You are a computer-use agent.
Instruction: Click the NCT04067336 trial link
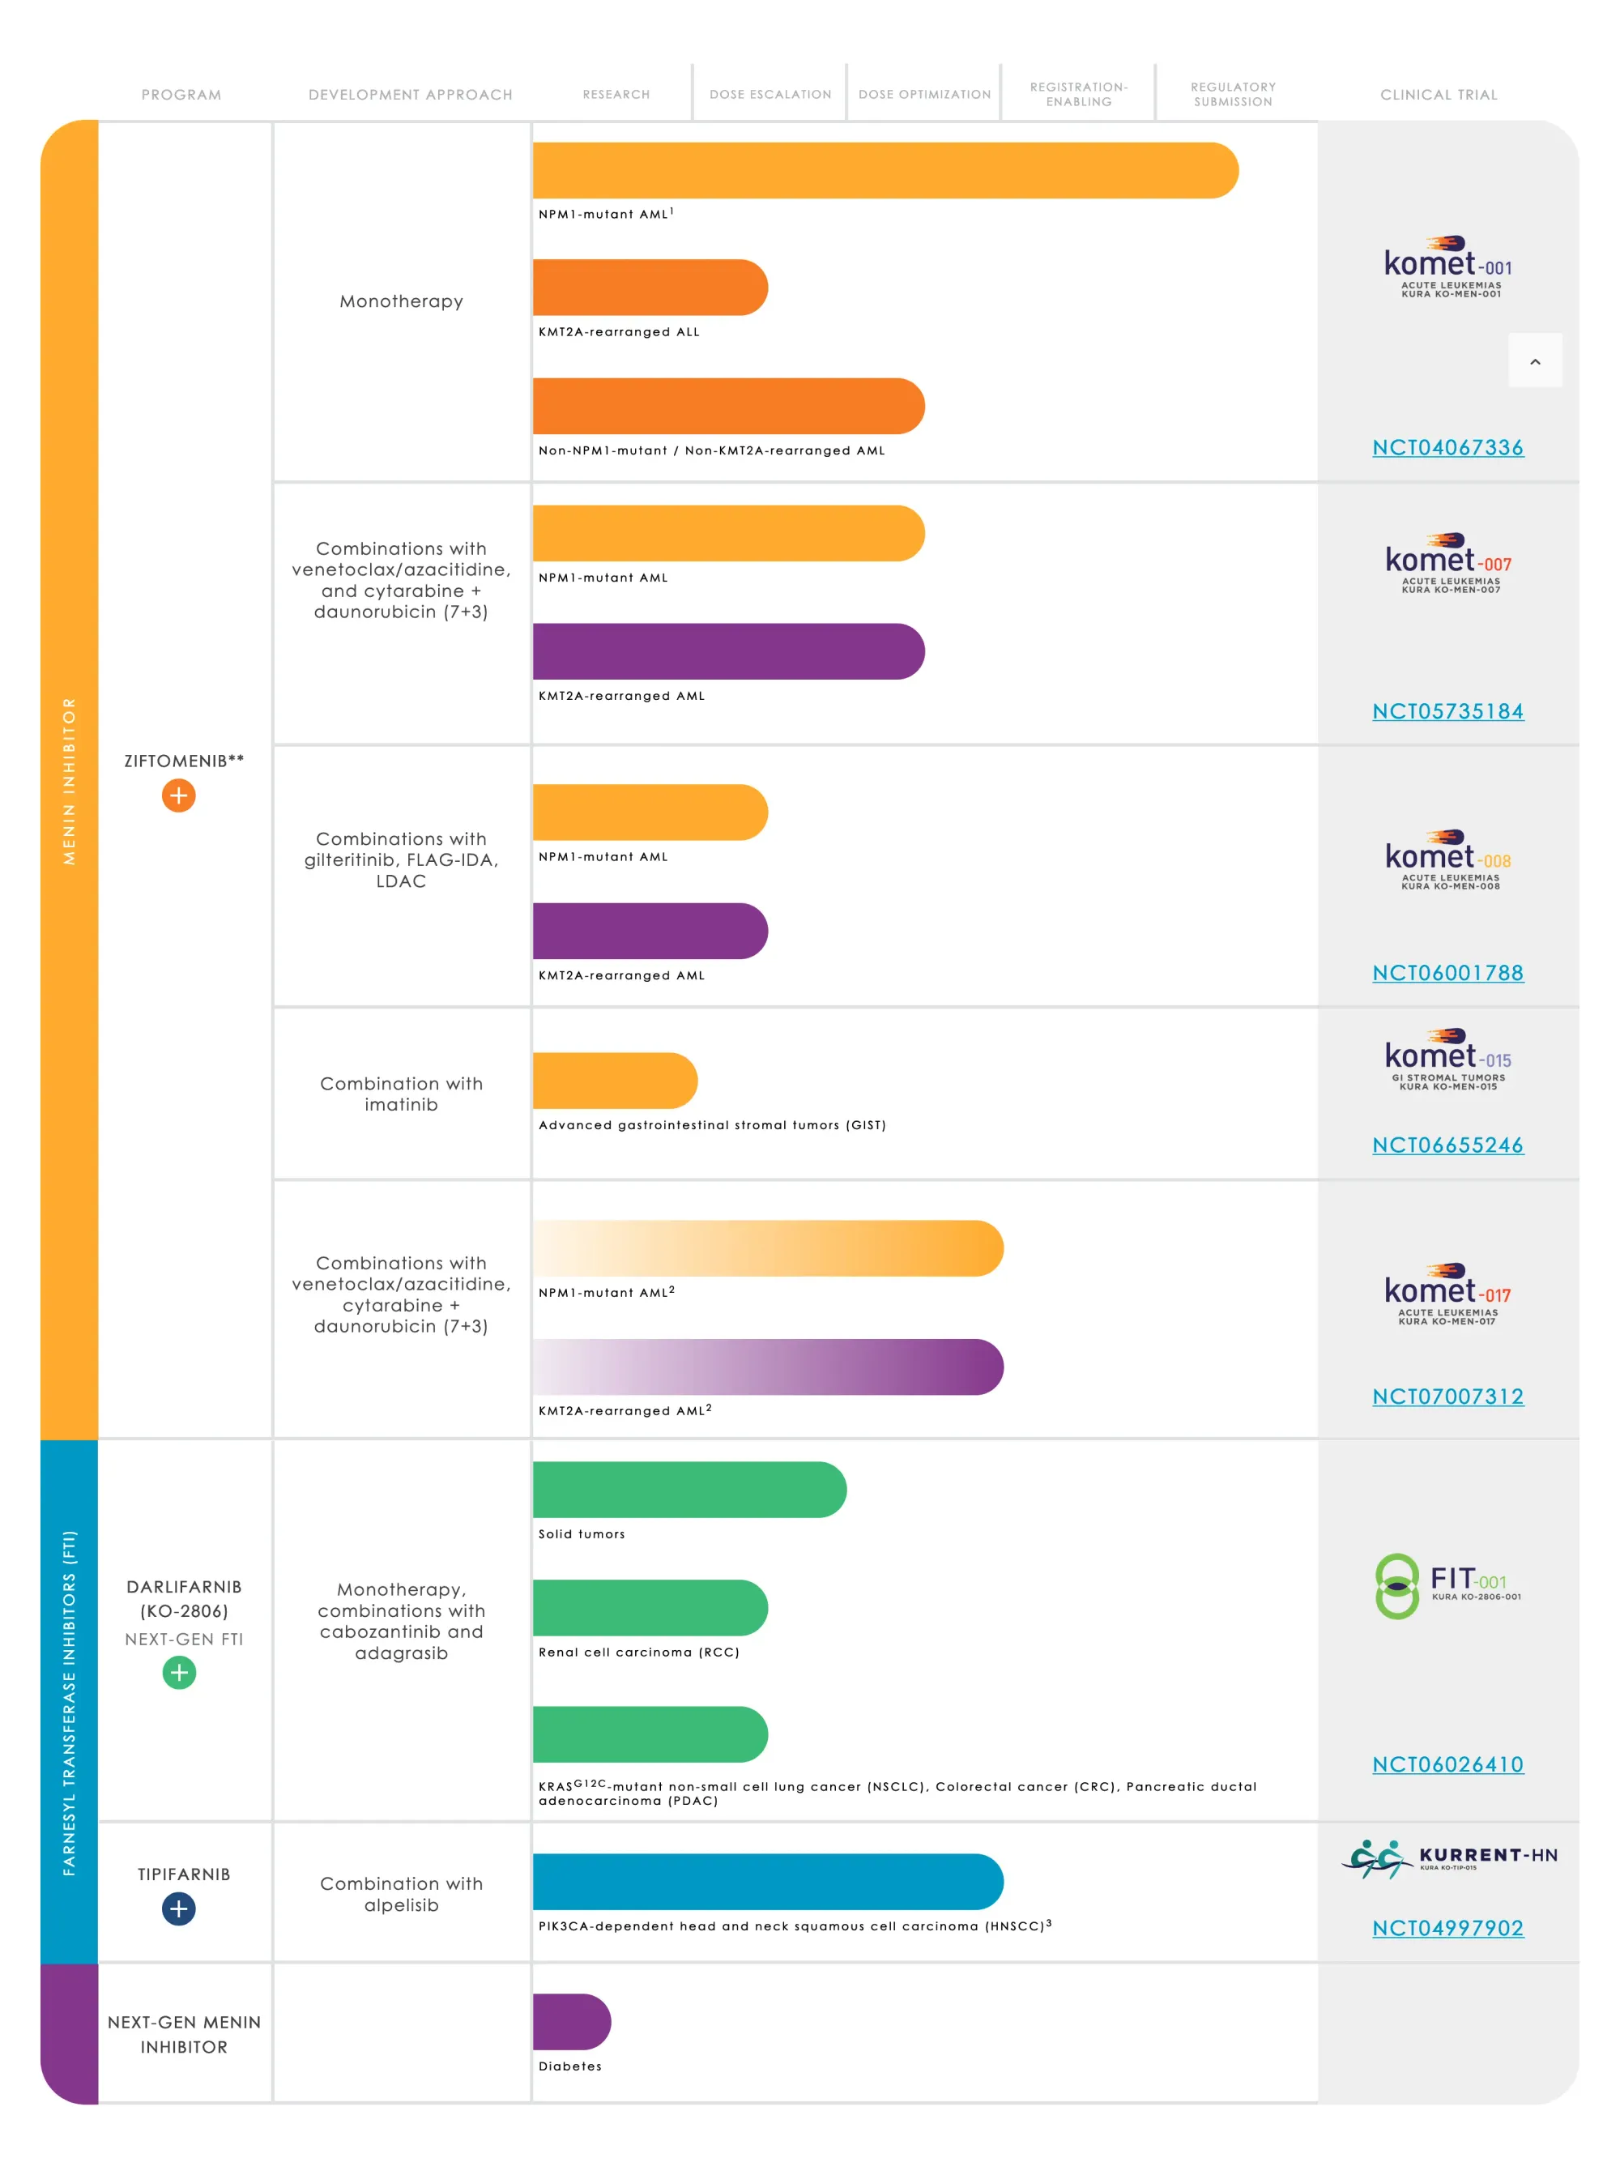click(x=1447, y=447)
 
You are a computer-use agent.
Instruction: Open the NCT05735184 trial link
click(x=1447, y=711)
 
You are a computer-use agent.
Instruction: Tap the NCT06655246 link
click(x=1447, y=1145)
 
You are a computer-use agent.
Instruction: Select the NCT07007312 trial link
click(x=1447, y=1397)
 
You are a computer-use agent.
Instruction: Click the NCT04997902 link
click(x=1447, y=1928)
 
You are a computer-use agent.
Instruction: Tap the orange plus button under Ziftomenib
click(x=178, y=795)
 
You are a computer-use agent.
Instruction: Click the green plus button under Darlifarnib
click(x=178, y=1673)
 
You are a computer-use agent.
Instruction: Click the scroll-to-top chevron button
click(x=1535, y=360)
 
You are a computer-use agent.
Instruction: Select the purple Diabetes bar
click(x=571, y=2022)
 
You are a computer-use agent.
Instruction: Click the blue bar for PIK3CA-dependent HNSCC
click(x=767, y=1882)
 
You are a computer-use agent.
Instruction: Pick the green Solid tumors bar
click(x=688, y=1490)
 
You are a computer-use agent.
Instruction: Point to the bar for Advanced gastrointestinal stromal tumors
click(x=614, y=1081)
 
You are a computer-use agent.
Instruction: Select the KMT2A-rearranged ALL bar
click(x=649, y=288)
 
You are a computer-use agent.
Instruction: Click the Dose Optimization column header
click(x=923, y=94)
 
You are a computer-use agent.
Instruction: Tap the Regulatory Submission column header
click(x=1233, y=94)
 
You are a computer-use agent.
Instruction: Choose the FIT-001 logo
click(x=1447, y=1585)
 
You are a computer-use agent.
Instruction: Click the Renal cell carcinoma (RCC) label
click(x=638, y=1653)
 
